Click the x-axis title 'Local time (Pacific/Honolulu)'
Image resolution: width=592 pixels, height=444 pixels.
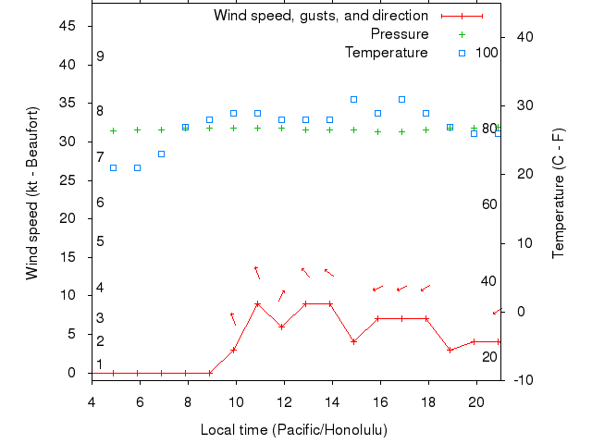(x=294, y=430)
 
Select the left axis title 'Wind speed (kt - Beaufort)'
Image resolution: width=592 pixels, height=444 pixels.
(x=32, y=193)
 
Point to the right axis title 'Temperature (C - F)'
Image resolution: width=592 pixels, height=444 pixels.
(x=558, y=193)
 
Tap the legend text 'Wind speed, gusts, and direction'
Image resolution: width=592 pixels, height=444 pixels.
(x=321, y=16)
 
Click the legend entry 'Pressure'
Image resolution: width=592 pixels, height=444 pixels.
(x=400, y=34)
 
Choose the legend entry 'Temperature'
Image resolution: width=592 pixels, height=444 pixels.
(x=387, y=53)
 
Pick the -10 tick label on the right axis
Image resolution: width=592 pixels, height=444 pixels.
(x=518, y=379)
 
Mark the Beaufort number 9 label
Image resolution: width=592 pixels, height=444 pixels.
(x=100, y=56)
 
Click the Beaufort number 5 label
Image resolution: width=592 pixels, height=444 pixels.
(x=100, y=241)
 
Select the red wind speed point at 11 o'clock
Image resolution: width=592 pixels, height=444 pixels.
(x=257, y=303)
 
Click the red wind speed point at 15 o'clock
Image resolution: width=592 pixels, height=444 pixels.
(x=353, y=341)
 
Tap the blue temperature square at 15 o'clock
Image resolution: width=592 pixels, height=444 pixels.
(x=353, y=99)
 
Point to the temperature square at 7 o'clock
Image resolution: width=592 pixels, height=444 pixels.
(x=161, y=154)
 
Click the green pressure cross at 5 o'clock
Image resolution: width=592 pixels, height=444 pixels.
(x=113, y=130)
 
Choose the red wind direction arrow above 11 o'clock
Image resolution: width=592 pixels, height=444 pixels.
(x=257, y=272)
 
